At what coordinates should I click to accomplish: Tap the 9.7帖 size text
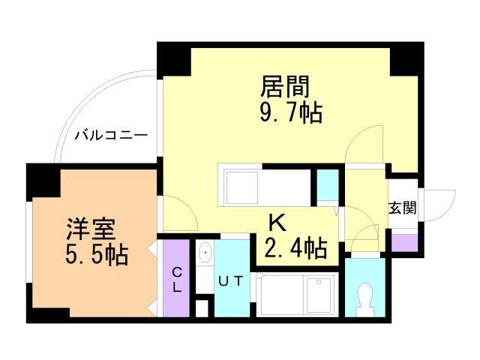coord(286,113)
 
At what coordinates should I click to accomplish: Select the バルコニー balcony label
coord(110,136)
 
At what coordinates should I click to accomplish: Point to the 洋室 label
coord(83,229)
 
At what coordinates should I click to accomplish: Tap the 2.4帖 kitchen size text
coord(295,247)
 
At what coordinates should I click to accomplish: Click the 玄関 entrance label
coord(402,208)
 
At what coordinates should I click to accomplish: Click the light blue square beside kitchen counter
coord(327,186)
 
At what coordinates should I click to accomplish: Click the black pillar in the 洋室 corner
coord(42,180)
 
